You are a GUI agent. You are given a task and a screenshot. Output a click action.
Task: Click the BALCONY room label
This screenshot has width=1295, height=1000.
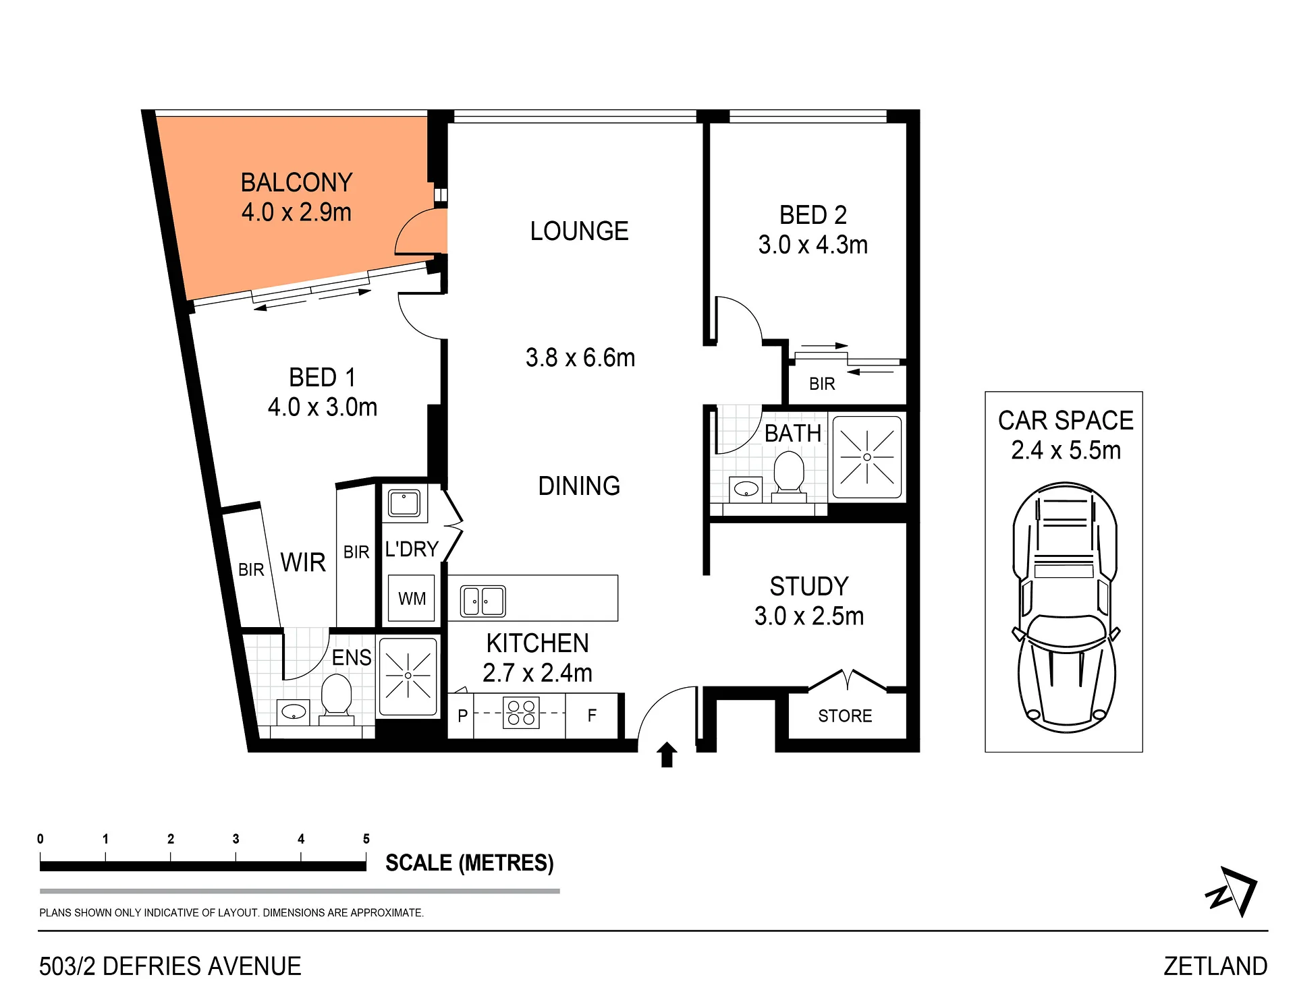(x=296, y=183)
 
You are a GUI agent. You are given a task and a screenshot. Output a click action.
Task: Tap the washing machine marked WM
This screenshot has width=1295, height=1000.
(x=412, y=598)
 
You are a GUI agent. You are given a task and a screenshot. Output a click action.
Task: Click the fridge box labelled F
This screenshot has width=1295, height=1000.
(x=592, y=715)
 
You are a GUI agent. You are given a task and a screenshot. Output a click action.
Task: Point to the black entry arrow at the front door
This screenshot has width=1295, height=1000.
(x=667, y=755)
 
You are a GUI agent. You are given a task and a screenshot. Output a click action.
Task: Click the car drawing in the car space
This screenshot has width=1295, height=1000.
(x=1064, y=608)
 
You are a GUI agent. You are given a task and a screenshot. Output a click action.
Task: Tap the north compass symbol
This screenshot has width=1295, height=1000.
(x=1232, y=891)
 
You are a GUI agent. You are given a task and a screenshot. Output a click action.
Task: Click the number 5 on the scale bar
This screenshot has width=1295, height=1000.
(x=366, y=839)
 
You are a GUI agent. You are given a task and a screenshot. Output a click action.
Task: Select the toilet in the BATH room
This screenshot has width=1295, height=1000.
(x=789, y=475)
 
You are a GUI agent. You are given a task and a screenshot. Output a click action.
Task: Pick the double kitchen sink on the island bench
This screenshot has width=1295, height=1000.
(x=483, y=601)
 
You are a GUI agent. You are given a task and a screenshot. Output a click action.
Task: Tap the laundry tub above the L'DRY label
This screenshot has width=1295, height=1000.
(x=404, y=503)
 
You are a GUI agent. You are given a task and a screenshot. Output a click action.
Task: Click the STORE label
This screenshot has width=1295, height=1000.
(x=845, y=715)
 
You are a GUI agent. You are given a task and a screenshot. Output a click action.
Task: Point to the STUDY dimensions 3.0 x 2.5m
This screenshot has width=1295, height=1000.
(x=809, y=616)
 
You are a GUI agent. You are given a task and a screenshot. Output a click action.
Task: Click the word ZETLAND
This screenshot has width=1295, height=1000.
(x=1215, y=966)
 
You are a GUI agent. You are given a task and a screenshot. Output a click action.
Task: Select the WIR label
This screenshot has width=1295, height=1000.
(x=303, y=562)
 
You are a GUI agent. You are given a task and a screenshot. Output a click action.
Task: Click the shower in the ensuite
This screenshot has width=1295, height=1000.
(x=408, y=676)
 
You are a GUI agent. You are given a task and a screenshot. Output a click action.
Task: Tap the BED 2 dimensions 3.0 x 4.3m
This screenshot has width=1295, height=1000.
(x=813, y=245)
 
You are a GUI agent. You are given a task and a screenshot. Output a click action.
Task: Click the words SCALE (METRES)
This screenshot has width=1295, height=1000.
(x=469, y=862)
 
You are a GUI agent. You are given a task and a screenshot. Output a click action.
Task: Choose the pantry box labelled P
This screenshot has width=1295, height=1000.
(x=462, y=715)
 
